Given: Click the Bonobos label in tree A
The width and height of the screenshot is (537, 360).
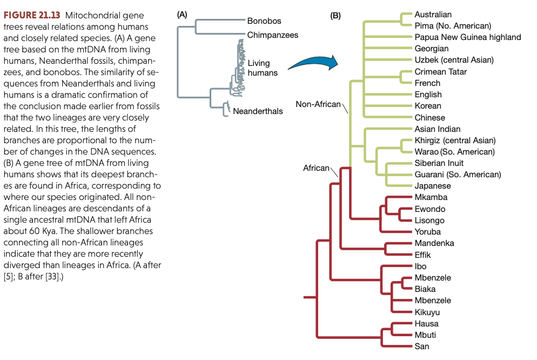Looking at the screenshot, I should [264, 21].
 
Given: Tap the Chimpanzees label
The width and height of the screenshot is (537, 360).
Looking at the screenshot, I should [273, 35].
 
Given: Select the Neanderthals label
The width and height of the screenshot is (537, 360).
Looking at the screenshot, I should [258, 111].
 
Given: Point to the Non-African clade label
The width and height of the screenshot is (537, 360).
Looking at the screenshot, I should [318, 104].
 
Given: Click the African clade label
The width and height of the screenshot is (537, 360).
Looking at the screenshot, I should [316, 168].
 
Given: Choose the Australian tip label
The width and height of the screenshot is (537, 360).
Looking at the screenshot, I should [433, 14].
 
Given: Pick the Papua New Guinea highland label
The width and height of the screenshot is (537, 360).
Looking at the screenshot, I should [467, 37].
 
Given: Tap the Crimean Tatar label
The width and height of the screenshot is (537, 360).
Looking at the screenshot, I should [440, 71].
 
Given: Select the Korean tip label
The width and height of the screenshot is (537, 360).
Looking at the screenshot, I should [428, 106].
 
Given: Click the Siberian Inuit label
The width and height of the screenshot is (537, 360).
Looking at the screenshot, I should [439, 163].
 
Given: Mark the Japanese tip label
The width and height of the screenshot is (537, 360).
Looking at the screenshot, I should [432, 186].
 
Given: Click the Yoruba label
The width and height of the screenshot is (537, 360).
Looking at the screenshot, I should [427, 232].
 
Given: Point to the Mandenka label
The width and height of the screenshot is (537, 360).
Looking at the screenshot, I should [434, 243].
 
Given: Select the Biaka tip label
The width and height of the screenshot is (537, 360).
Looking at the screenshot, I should [425, 289].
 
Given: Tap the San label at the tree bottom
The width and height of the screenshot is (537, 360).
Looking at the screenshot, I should [422, 346].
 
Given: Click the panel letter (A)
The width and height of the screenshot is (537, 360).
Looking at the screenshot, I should [182, 15].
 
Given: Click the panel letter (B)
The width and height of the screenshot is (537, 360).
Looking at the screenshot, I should [335, 16].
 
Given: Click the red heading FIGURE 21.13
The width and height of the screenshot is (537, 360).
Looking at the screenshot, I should [31, 15].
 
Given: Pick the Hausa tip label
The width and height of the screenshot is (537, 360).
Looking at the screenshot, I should [426, 324].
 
